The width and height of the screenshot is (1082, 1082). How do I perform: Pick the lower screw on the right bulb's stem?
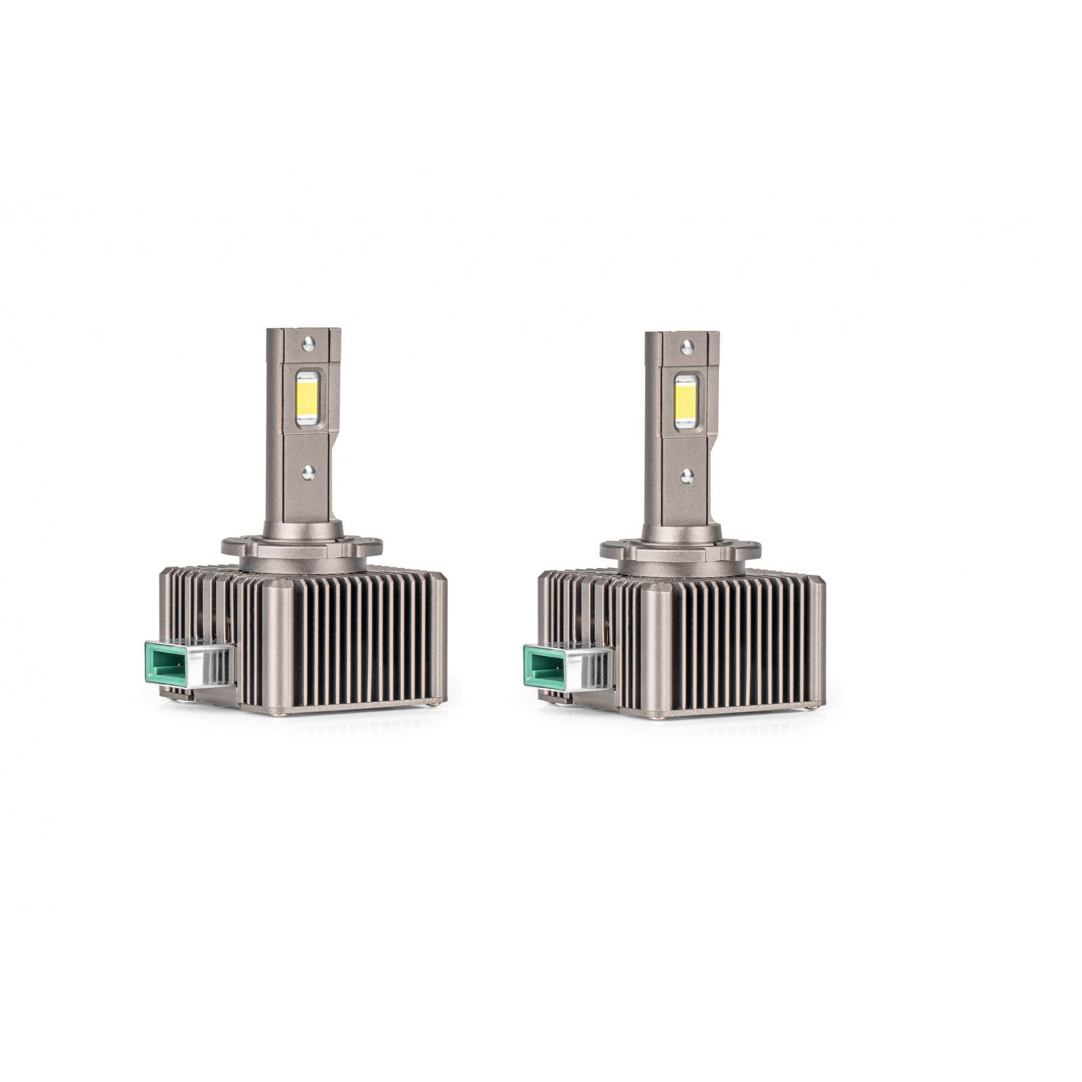686,473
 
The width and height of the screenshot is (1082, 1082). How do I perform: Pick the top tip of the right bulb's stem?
680,334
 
